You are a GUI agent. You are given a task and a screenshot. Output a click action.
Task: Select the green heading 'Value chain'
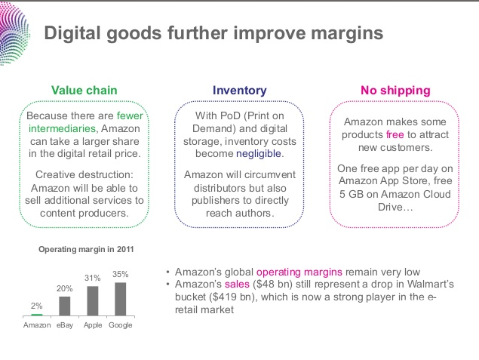[84, 91]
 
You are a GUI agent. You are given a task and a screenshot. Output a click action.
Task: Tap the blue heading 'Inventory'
[239, 91]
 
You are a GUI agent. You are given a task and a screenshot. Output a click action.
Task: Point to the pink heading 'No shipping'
[395, 91]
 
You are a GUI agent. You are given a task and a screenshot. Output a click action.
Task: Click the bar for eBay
[65, 306]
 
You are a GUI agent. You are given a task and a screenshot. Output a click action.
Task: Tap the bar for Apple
[92, 300]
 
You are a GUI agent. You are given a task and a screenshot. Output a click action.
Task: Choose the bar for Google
[120, 298]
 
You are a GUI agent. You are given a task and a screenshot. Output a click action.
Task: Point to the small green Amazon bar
[37, 314]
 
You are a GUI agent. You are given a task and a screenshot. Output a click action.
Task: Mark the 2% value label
[37, 306]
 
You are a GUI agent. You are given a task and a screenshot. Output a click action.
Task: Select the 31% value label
[92, 278]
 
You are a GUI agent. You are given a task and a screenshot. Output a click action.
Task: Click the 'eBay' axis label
[65, 325]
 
